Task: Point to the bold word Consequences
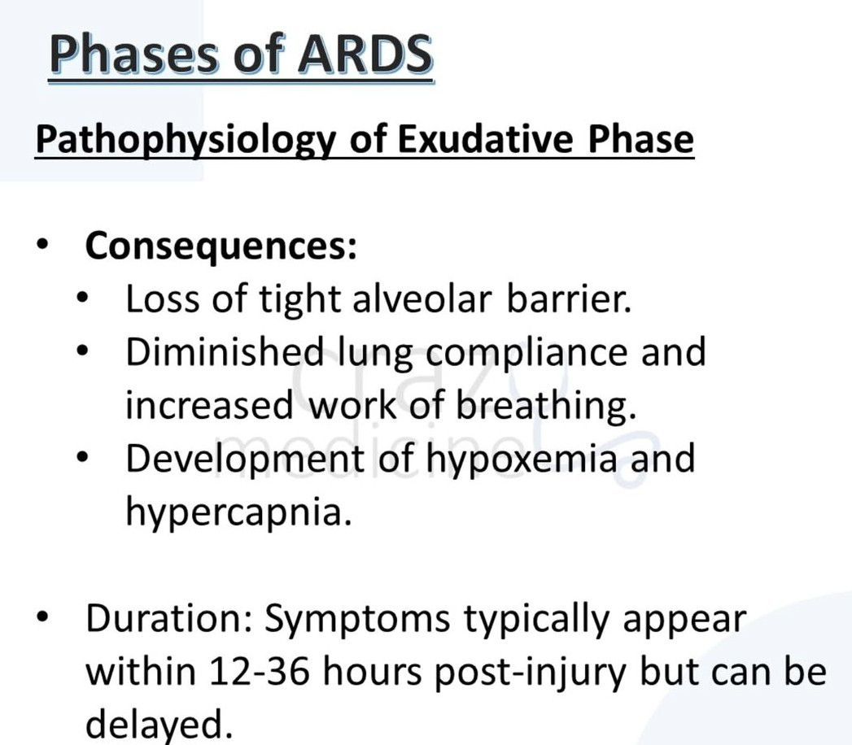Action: (221, 246)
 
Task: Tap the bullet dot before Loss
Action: (82, 300)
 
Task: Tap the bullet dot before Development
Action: (82, 459)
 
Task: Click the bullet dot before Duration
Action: (42, 620)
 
